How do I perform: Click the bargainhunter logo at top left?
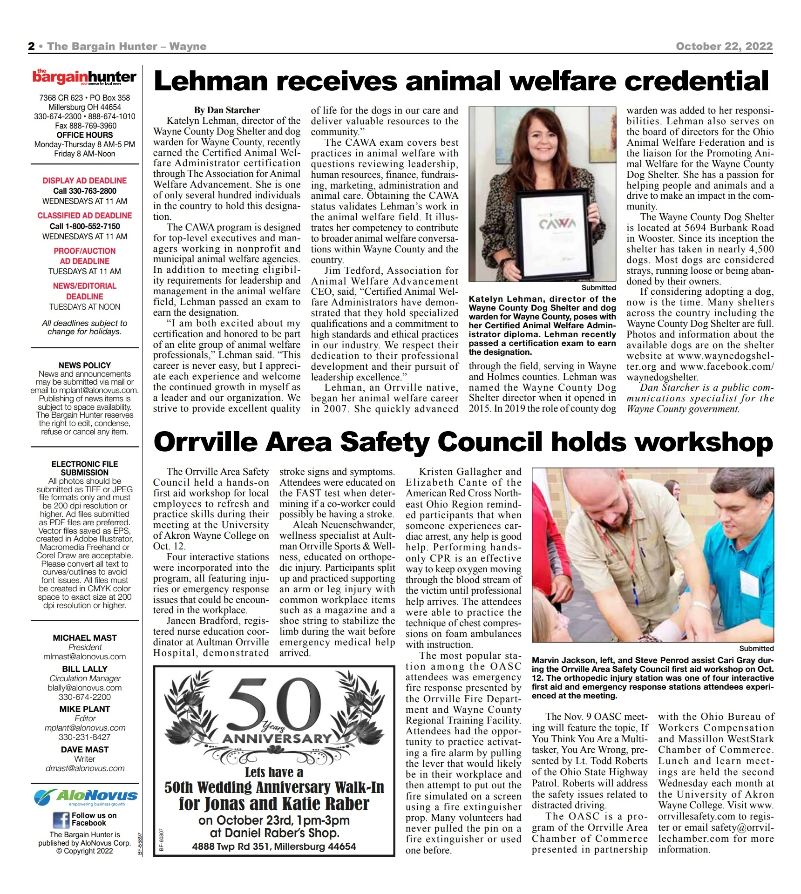pos(84,77)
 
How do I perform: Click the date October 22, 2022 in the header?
pos(724,46)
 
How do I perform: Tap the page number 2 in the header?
pos(31,46)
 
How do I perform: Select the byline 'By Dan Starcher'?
pos(227,110)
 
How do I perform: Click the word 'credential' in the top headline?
pos(696,81)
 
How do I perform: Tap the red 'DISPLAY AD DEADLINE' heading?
pos(84,181)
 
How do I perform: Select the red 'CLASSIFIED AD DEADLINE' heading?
pos(84,216)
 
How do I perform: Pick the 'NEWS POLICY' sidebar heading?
pos(84,366)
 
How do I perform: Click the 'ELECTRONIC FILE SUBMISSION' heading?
pos(84,468)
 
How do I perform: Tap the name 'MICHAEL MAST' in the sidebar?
pos(84,638)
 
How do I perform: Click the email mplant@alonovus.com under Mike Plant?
pos(85,728)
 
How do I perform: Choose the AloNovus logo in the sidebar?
pos(86,797)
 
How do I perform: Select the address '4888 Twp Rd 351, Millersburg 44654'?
pos(274,846)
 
